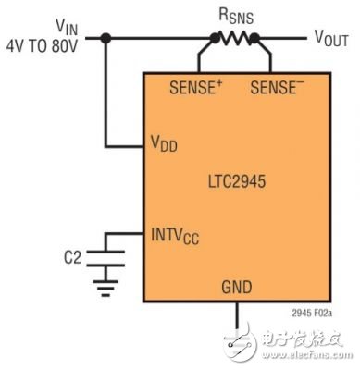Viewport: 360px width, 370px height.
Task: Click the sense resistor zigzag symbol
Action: [x=235, y=38]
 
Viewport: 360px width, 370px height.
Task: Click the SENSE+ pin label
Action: [x=197, y=88]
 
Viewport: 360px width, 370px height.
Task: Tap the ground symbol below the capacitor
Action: [x=107, y=289]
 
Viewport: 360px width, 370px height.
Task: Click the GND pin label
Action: [x=238, y=286]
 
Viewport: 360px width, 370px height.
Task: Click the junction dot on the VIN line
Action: [x=107, y=38]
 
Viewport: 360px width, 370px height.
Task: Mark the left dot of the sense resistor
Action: [x=214, y=38]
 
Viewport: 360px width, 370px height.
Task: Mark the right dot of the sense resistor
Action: [x=256, y=38]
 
